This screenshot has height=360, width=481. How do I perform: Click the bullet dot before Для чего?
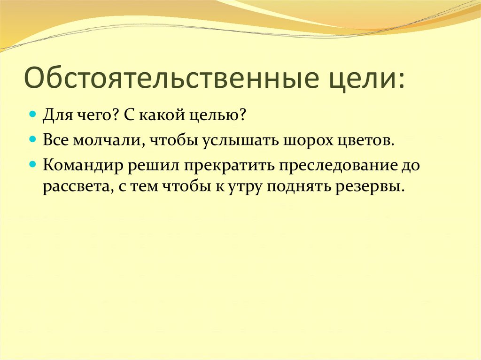click(33, 114)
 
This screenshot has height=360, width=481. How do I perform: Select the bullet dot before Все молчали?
click(33, 140)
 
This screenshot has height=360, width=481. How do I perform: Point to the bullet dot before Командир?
click(33, 165)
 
